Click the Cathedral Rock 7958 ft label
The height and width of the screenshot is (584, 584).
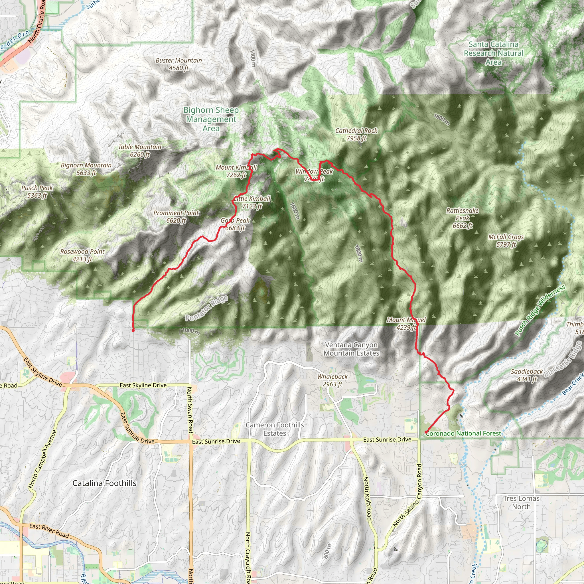(356, 135)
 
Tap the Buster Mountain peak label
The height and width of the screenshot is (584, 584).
(179, 64)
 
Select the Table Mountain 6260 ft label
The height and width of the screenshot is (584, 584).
(140, 151)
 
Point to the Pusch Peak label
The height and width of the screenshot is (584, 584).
(37, 191)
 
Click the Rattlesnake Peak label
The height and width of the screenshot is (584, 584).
(463, 218)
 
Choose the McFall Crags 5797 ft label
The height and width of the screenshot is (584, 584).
(506, 241)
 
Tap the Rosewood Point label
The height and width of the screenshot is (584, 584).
(82, 255)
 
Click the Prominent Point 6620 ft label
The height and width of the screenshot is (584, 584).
(176, 216)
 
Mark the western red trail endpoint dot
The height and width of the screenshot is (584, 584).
(133, 331)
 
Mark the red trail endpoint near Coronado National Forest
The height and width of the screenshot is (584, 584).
(426, 432)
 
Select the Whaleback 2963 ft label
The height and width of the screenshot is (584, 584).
(332, 380)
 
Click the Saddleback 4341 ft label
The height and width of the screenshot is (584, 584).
(527, 375)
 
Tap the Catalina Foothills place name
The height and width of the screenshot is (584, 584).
(104, 483)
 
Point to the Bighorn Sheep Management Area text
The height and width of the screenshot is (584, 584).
(211, 119)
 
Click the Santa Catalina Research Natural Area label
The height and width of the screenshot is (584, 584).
(494, 53)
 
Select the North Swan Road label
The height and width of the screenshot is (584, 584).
(190, 409)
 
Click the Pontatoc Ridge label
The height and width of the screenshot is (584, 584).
(207, 308)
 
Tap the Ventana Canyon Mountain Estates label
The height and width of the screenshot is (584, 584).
(351, 349)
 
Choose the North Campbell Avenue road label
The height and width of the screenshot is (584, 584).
(42, 459)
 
